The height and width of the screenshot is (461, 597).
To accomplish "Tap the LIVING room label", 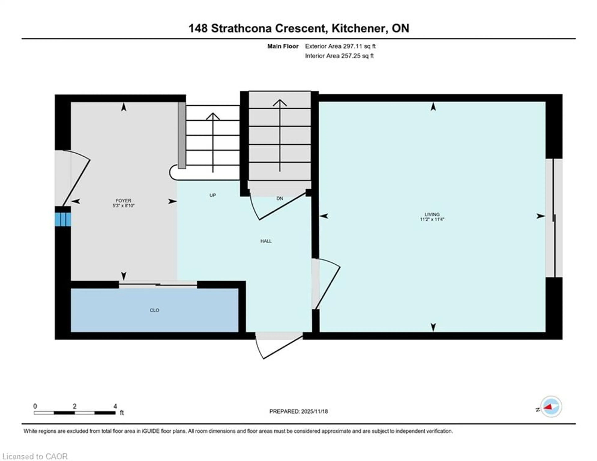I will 432,214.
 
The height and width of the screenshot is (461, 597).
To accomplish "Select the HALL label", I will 266,241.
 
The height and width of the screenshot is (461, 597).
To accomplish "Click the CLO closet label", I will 154,310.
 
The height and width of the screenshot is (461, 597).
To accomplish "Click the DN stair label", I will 279,198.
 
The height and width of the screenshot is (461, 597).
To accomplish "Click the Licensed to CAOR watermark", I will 35,456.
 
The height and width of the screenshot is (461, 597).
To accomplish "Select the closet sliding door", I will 158,285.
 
